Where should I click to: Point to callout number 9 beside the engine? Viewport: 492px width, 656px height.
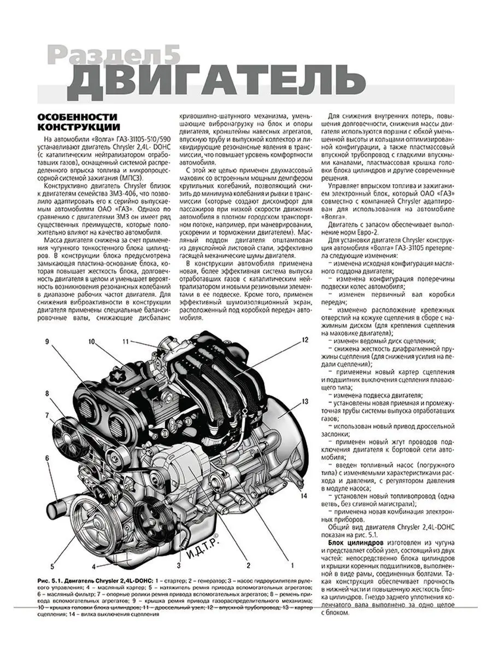click(48, 342)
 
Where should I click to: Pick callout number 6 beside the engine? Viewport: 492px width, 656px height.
click(48, 457)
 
